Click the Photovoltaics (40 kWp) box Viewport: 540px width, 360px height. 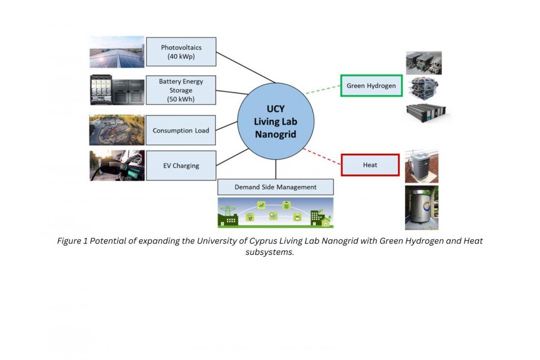point(181,52)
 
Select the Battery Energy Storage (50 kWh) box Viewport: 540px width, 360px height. point(181,90)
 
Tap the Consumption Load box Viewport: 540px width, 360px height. point(181,131)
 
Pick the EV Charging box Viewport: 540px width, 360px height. point(181,166)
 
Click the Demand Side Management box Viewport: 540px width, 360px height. point(275,187)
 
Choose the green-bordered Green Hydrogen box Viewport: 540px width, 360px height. point(371,86)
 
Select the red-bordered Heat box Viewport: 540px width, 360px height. point(370,165)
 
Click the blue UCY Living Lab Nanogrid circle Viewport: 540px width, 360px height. point(275,122)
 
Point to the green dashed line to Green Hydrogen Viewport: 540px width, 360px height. point(323,89)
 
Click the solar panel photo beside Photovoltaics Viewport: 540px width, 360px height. point(117,52)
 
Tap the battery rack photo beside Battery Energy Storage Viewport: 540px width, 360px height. point(117,90)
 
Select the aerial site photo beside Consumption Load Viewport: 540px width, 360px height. point(117,130)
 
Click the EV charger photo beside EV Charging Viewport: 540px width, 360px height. point(117,166)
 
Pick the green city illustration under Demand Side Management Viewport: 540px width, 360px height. point(275,213)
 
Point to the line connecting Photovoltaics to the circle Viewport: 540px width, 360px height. point(245,67)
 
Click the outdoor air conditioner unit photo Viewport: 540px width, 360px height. point(421,167)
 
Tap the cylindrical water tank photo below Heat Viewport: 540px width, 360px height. point(421,207)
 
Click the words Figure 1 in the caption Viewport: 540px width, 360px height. point(72,241)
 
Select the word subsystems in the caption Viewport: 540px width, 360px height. point(270,252)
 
